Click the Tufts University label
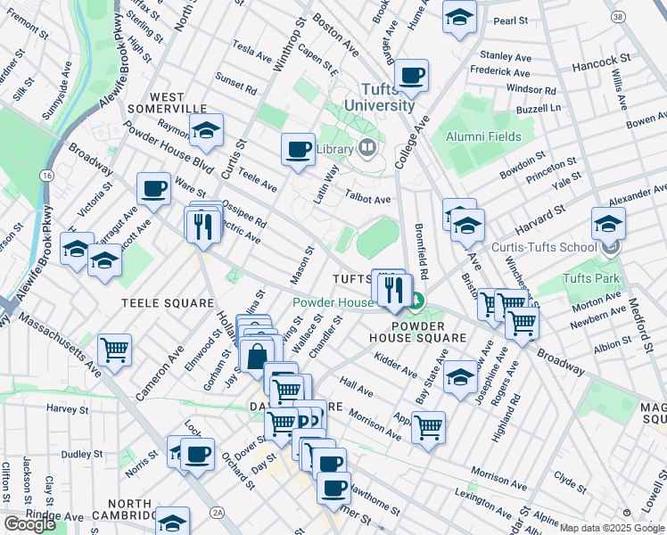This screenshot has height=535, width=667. [x=388, y=97]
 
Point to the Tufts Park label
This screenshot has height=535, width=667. [x=585, y=278]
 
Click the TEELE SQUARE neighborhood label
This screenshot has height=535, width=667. [x=168, y=303]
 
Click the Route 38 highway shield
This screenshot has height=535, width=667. [x=617, y=17]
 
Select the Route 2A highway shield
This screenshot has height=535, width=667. [x=217, y=512]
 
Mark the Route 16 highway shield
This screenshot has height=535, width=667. [x=45, y=176]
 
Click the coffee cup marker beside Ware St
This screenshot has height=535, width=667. [x=154, y=189]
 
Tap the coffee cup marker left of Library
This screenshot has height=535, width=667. [x=298, y=148]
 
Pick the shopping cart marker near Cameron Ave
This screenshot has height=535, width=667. [x=114, y=350]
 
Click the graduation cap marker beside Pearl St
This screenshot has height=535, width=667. [x=459, y=17]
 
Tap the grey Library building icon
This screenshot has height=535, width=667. [x=367, y=148]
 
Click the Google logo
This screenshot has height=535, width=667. [x=29, y=524]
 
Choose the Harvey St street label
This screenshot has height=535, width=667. [x=65, y=408]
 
